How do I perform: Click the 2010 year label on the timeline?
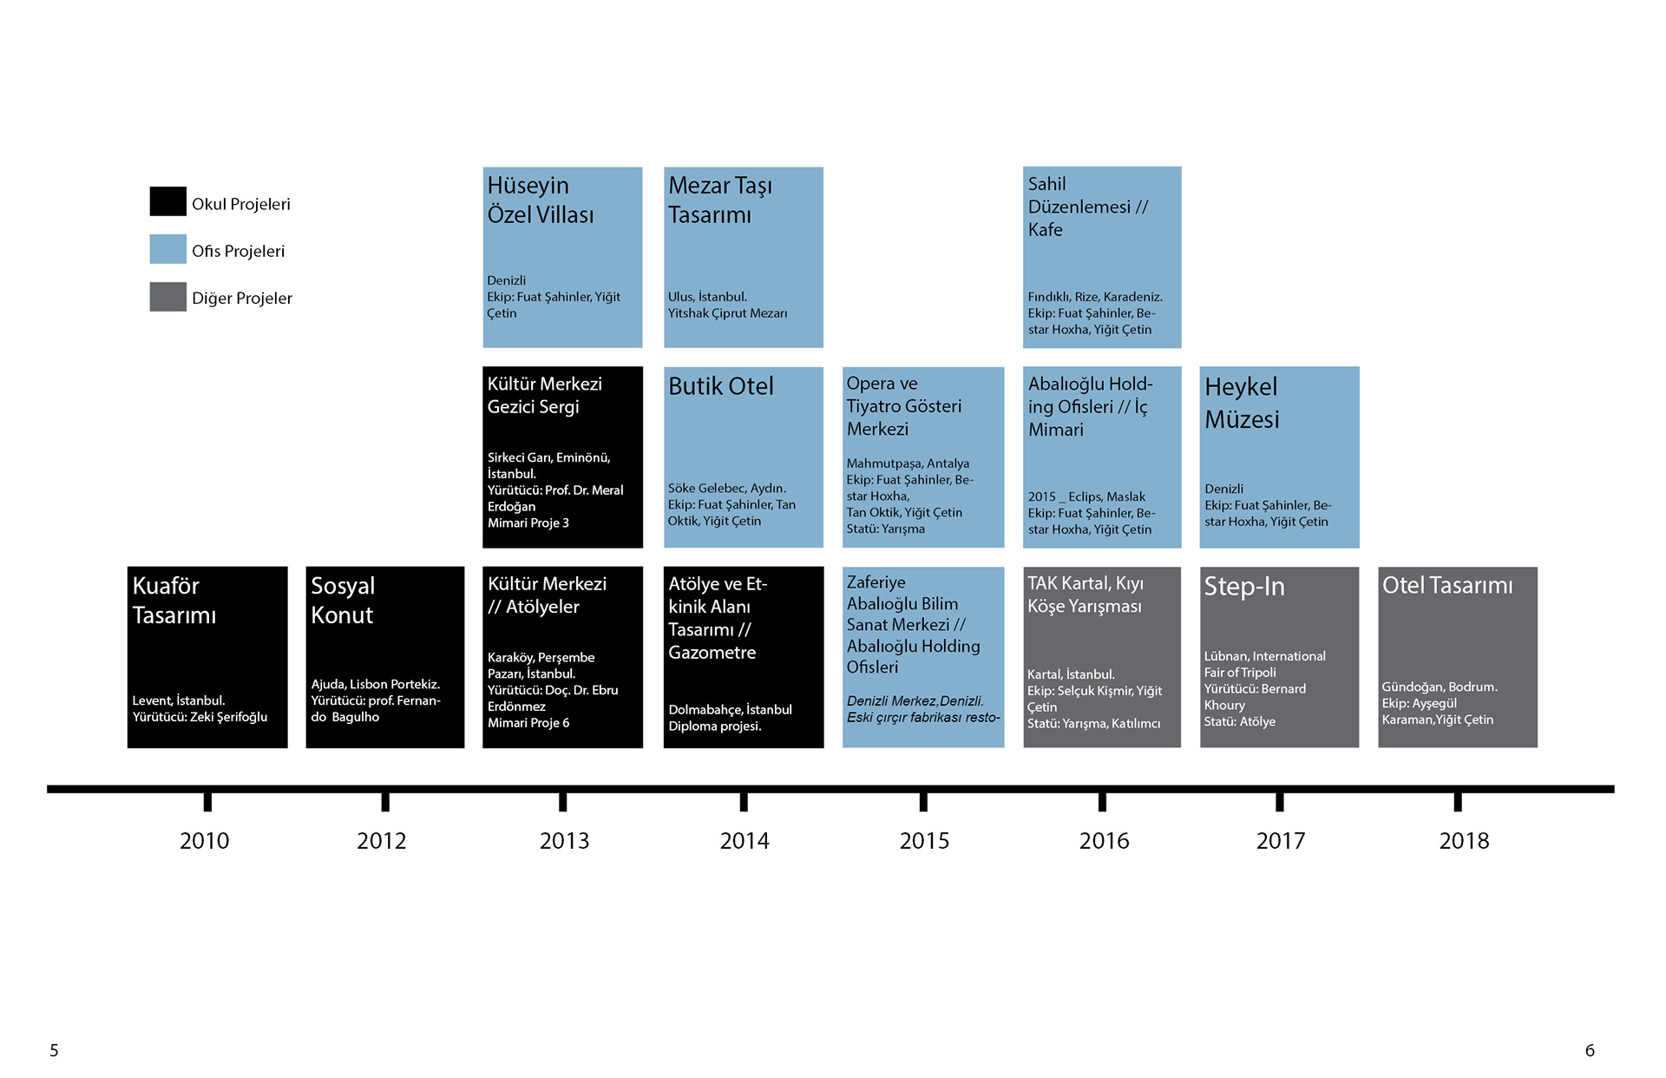205,840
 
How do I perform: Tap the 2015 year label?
924,840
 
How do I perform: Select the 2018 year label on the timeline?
1464,840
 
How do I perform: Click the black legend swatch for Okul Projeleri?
167,201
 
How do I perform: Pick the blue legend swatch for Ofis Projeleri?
167,249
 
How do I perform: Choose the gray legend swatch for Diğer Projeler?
167,297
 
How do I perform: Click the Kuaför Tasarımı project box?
207,657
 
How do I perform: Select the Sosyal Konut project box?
385,657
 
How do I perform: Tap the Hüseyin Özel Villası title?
541,200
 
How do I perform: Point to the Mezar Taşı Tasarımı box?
744,257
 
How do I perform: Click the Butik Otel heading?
721,386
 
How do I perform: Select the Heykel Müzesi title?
1242,403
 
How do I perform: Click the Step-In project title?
1244,587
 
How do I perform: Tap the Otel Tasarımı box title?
1447,586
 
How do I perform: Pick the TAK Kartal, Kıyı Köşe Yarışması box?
1102,657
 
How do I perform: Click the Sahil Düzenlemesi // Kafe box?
1102,257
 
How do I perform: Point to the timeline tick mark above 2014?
744,801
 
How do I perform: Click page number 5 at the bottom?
54,1050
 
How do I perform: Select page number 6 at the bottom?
1590,1050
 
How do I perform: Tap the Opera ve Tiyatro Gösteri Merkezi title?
904,406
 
